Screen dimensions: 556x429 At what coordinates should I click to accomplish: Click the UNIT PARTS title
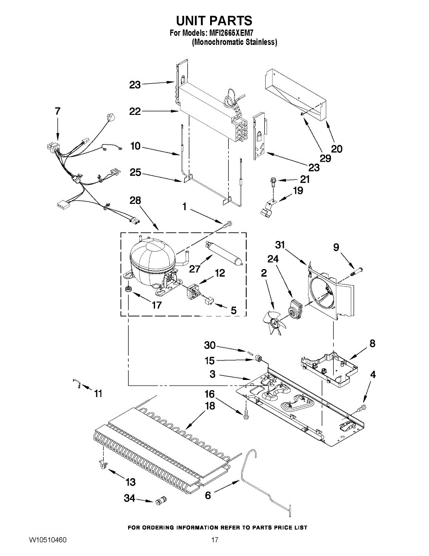click(x=214, y=21)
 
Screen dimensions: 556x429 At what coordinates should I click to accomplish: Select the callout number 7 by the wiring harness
click(x=57, y=111)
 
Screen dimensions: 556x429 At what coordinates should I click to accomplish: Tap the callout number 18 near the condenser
click(x=210, y=406)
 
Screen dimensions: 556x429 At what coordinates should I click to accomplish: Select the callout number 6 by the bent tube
click(x=208, y=495)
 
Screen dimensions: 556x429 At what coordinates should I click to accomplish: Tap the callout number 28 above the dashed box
click(x=136, y=201)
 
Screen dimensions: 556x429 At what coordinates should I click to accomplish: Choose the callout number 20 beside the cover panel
click(x=337, y=149)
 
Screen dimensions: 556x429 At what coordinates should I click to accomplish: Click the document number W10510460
click(x=48, y=541)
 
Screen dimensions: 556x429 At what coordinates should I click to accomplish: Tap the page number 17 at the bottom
click(x=214, y=541)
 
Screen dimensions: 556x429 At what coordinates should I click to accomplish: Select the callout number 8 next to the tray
click(x=372, y=344)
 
